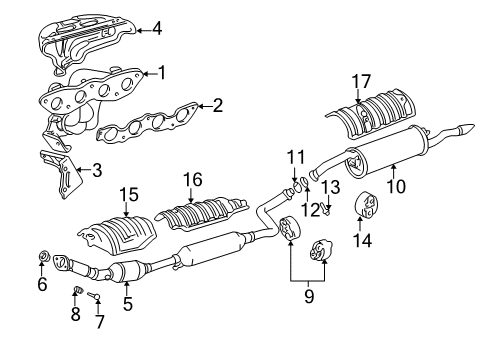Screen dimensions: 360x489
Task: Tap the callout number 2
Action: point(217,105)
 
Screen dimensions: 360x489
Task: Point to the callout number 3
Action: point(96,171)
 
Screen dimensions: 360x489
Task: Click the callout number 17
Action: point(361,82)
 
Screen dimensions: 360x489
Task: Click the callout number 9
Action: point(309,296)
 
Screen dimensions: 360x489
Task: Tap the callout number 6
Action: point(42,285)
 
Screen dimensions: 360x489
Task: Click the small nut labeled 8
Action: point(78,292)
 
